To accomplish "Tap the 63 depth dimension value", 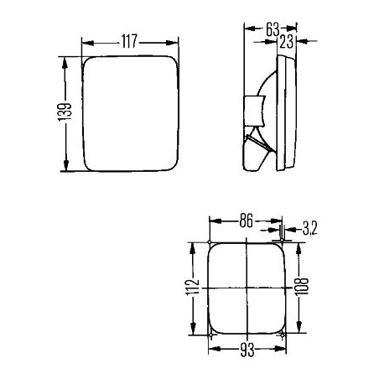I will click(x=272, y=29).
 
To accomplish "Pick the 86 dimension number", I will click(x=246, y=221).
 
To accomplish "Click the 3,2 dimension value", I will click(x=308, y=226).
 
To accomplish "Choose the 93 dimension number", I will click(x=247, y=352).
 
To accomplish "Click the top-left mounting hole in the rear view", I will click(x=208, y=244).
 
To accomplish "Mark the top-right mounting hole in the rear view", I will click(x=285, y=244).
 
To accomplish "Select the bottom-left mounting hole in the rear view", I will click(x=208, y=337).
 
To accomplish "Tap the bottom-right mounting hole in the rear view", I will click(x=285, y=337).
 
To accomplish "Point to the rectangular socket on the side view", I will click(x=252, y=109).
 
